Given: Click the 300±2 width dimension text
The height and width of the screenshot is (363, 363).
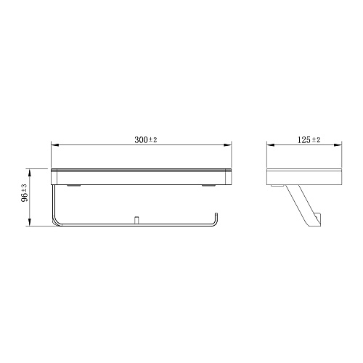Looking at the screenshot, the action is pos(146,139).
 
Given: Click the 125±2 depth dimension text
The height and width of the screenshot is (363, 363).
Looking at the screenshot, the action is pos(309,139).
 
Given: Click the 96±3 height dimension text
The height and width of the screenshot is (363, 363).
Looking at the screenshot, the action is pos(25,193).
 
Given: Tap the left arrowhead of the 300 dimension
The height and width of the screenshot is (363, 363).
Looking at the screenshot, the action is pos(55,145).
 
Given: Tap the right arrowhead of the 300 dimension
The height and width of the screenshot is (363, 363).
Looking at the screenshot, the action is pos(227,145).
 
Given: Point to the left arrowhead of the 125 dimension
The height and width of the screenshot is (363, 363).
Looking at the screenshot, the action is pos(271,145).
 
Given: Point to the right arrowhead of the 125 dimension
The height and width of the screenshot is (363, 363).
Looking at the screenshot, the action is pos(338,145).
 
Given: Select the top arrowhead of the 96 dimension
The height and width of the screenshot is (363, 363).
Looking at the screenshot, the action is pos(30,173).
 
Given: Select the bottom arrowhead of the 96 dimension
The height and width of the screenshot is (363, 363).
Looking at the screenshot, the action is pos(30,222).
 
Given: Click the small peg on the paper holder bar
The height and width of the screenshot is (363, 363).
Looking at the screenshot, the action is pos(136,220).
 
